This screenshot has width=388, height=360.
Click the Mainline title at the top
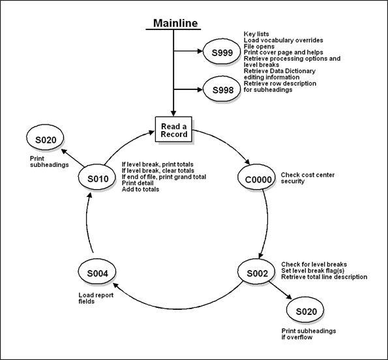pyautogui.click(x=175, y=23)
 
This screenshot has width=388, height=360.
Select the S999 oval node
pyautogui.click(x=218, y=52)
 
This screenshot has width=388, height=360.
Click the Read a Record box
pyautogui.click(x=174, y=130)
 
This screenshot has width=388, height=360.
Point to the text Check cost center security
pyautogui.click(x=302, y=178)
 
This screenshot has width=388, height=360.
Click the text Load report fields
pyautogui.click(x=83, y=298)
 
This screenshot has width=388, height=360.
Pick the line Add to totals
pyautogui.click(x=140, y=189)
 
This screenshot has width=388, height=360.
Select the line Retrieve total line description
pyautogui.click(x=324, y=277)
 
